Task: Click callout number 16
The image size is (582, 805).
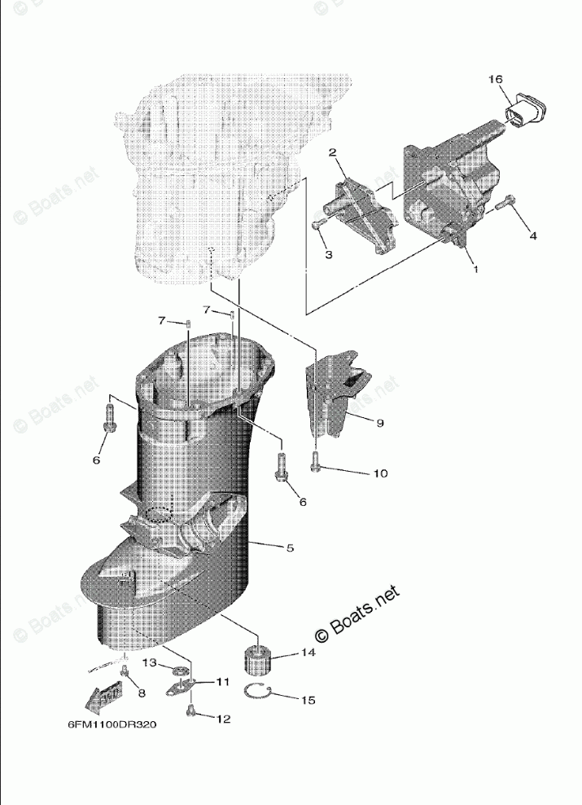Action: click(496, 79)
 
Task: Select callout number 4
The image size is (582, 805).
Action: click(532, 235)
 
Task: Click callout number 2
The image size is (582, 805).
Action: click(333, 152)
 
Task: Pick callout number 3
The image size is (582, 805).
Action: click(328, 254)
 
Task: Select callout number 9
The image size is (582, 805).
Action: click(379, 422)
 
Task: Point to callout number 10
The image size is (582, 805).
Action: click(380, 473)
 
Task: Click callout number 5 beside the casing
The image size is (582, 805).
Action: click(290, 548)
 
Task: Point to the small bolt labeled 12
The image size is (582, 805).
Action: click(191, 712)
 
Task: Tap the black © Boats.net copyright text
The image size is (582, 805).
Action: click(359, 615)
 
